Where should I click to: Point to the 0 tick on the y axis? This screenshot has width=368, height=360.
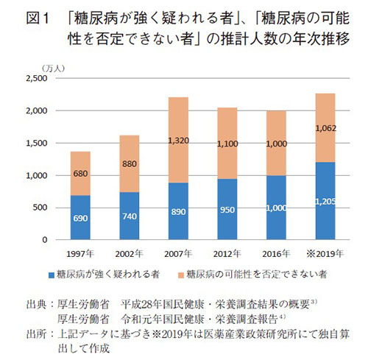click(x=44, y=240)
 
